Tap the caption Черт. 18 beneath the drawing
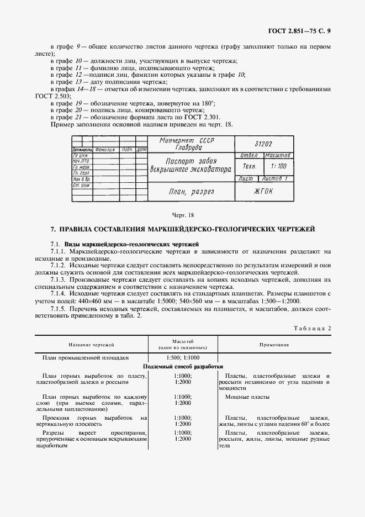point(182,214)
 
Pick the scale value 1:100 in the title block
point(279,166)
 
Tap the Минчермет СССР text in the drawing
point(187,140)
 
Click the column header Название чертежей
point(91,345)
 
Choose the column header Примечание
point(274,345)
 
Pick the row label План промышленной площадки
point(86,357)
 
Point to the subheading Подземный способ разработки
point(183,366)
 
